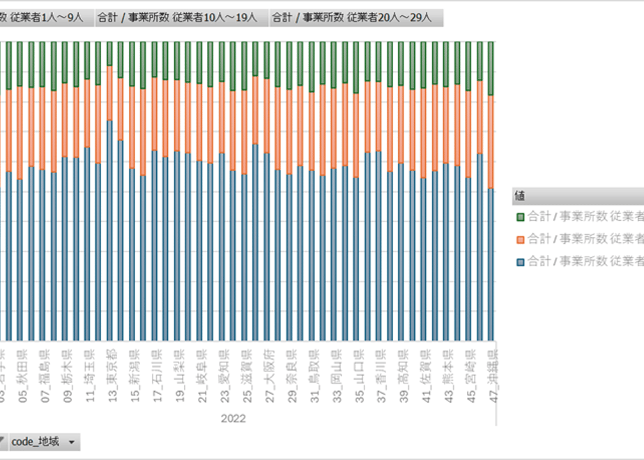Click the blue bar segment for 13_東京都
(x=109, y=230)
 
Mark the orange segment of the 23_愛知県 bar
(x=222, y=118)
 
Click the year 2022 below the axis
(x=233, y=419)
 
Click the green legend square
(x=520, y=217)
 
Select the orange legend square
(x=520, y=239)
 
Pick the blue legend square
(x=520, y=261)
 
